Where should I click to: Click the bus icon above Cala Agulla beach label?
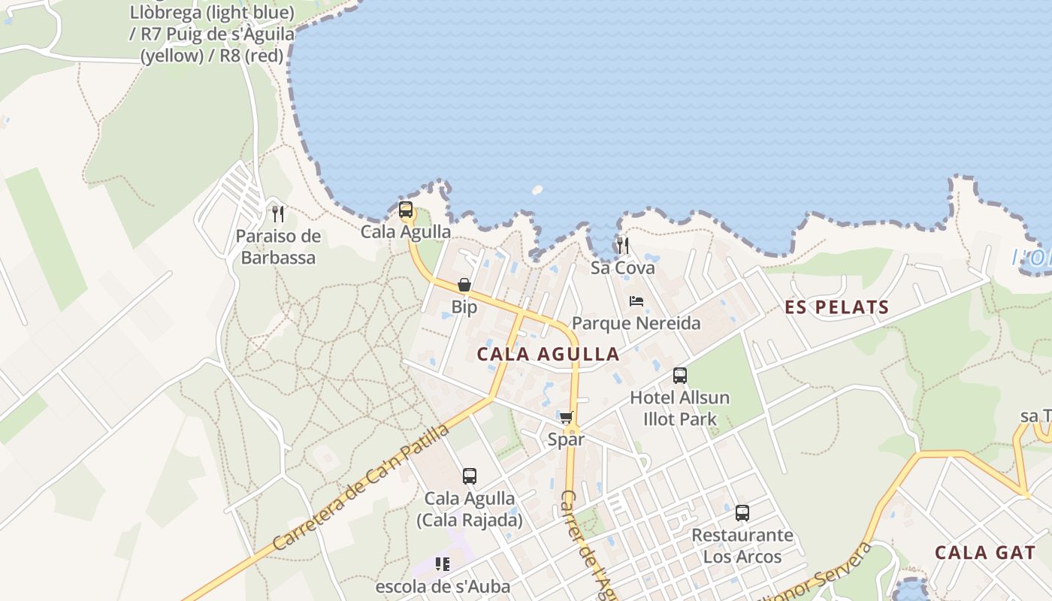[x=406, y=210]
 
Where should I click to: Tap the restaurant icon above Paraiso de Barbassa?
[x=278, y=213]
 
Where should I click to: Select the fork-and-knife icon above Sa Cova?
[x=622, y=245]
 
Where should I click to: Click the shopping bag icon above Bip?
[x=464, y=285]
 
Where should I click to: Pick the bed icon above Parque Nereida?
[x=636, y=301]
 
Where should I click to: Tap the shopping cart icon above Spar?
[x=566, y=417]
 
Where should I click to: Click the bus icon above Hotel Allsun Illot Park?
[x=680, y=375]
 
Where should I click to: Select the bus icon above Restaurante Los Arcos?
[x=742, y=513]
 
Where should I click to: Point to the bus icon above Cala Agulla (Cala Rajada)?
[x=470, y=476]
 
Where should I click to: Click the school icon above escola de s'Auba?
[x=443, y=563]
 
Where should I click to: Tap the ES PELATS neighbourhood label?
[x=837, y=307]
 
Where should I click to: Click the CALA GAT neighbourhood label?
[x=985, y=553]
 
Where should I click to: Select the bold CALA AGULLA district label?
[x=549, y=355]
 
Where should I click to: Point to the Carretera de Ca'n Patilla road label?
[x=361, y=487]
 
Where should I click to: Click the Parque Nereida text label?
[x=636, y=324]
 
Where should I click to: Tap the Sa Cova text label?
[x=622, y=268]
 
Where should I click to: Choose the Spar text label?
[x=566, y=439]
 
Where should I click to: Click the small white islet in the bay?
[x=537, y=190]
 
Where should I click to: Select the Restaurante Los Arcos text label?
[x=742, y=546]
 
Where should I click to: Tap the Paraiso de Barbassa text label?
[x=278, y=247]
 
